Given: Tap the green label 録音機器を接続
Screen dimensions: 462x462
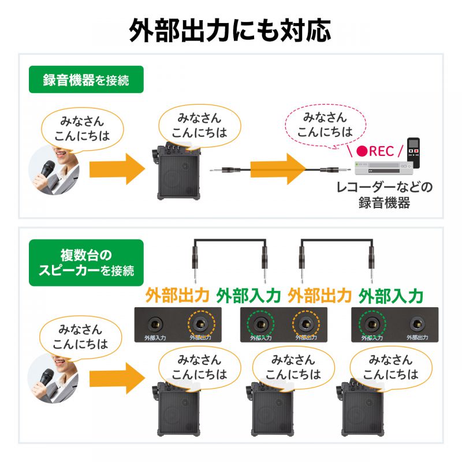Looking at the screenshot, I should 86,80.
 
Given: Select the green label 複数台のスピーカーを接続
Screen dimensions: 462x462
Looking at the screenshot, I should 86,262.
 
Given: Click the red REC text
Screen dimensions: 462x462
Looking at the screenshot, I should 377,151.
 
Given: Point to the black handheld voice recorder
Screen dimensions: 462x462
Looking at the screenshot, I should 412,152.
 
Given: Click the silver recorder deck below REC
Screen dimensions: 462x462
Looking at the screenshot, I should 384,167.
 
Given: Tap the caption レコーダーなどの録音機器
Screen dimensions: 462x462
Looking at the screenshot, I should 384,195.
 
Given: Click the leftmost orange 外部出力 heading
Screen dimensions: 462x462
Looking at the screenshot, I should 177,296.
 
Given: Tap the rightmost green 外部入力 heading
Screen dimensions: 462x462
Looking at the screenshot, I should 391,296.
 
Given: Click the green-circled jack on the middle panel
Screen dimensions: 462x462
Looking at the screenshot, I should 258,322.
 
